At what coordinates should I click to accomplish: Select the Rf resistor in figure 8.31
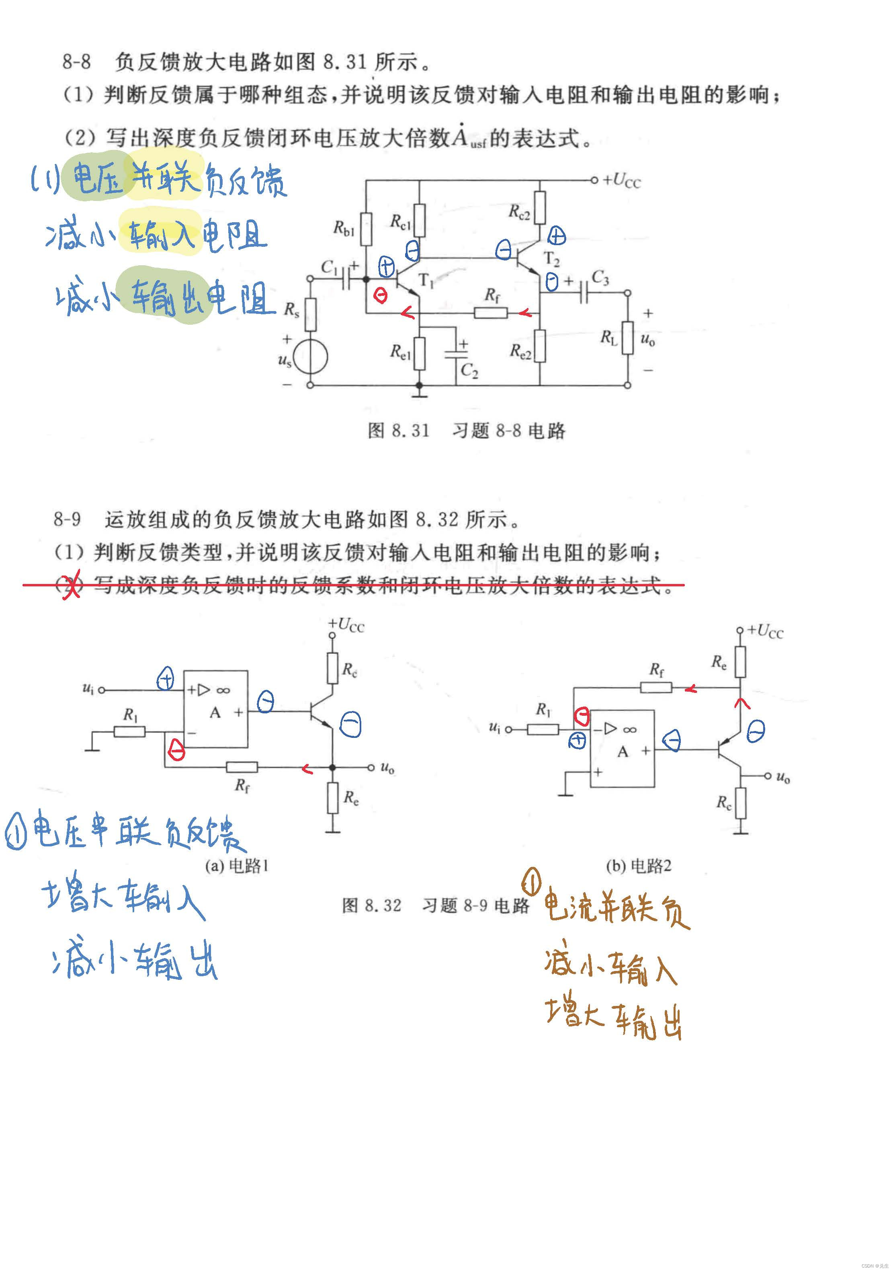[491, 313]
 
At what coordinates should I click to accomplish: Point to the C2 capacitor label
[469, 370]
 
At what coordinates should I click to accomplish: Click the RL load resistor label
[609, 337]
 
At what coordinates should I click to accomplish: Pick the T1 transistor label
[426, 281]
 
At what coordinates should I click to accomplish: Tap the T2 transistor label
[552, 259]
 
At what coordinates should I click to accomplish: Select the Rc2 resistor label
[519, 212]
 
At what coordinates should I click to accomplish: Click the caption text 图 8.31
[399, 430]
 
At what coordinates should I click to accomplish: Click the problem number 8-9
[67, 520]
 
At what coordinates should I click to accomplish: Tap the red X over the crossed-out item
[71, 585]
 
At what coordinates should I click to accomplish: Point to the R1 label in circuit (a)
[130, 715]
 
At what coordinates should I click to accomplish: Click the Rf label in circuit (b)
[656, 670]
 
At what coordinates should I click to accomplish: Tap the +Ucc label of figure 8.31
[621, 180]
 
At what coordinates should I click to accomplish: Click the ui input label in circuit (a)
[88, 688]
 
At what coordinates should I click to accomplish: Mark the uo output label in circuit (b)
[782, 777]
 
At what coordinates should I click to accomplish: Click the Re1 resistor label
[400, 351]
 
